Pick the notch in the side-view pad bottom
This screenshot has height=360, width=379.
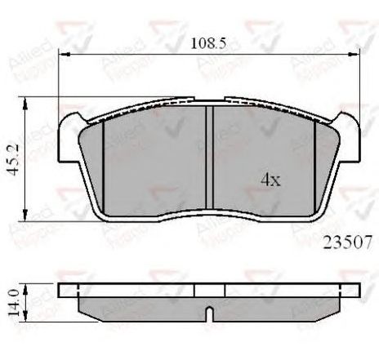click(208, 314)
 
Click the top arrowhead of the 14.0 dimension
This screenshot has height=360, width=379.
click(28, 287)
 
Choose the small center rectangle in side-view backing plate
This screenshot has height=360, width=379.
click(208, 290)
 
